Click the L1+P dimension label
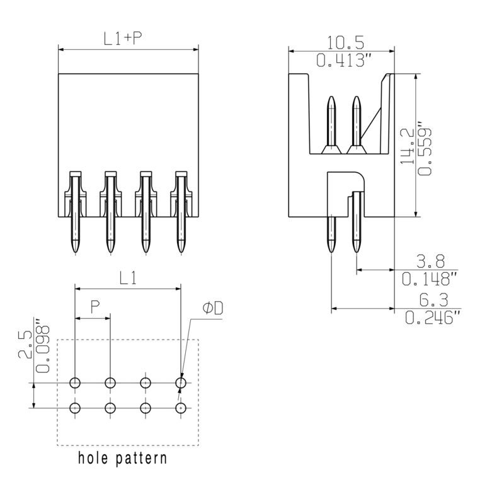(122, 38)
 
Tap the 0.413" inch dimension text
(341, 61)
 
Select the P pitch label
(94, 307)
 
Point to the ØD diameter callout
(213, 308)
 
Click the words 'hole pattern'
(122, 458)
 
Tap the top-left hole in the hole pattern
(75, 382)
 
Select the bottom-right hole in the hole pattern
(181, 408)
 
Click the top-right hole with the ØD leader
(181, 382)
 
